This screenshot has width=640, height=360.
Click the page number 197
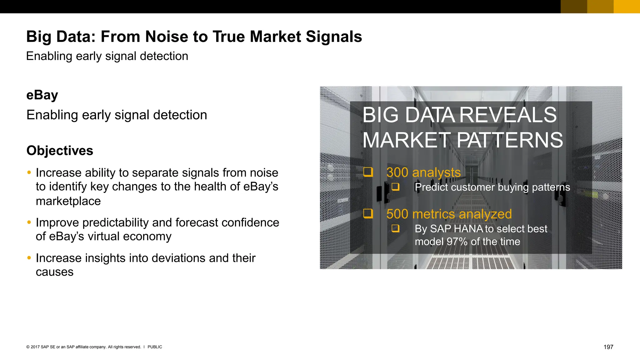608,347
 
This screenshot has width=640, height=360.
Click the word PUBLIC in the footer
155,347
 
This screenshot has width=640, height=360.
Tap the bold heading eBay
42,95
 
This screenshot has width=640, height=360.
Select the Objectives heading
60,151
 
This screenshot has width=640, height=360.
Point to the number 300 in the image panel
397,172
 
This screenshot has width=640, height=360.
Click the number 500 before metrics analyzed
397,214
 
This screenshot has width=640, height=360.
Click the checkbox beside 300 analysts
368,172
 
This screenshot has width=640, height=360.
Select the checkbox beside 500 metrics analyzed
368,213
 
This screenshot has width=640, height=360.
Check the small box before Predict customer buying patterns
396,187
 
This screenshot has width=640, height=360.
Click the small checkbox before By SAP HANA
396,228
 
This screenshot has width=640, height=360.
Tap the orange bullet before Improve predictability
29,222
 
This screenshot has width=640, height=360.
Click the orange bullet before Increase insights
29,258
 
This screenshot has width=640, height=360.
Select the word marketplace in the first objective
68,201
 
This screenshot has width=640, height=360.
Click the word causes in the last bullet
55,272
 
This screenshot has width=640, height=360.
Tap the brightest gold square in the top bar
627,7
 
